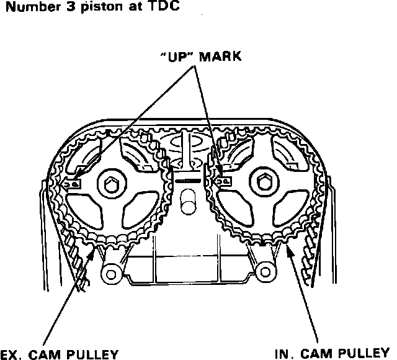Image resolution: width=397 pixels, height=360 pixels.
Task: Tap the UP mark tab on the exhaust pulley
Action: tap(73, 183)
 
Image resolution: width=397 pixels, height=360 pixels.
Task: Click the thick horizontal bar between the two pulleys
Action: tap(188, 179)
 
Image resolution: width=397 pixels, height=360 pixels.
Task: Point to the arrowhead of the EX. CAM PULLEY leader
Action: tap(95, 247)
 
